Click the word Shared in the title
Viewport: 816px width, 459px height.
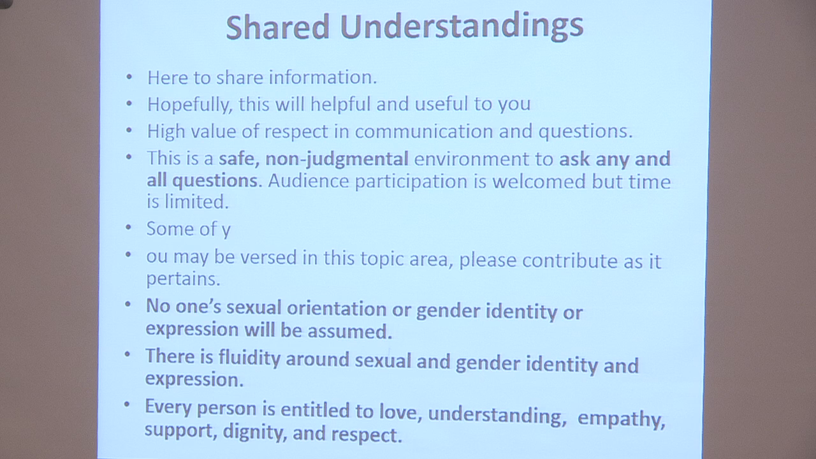click(x=278, y=26)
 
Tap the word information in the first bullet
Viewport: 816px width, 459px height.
click(x=323, y=77)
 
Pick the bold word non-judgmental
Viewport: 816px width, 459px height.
click(x=337, y=158)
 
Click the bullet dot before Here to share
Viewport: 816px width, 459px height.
click(x=130, y=77)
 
